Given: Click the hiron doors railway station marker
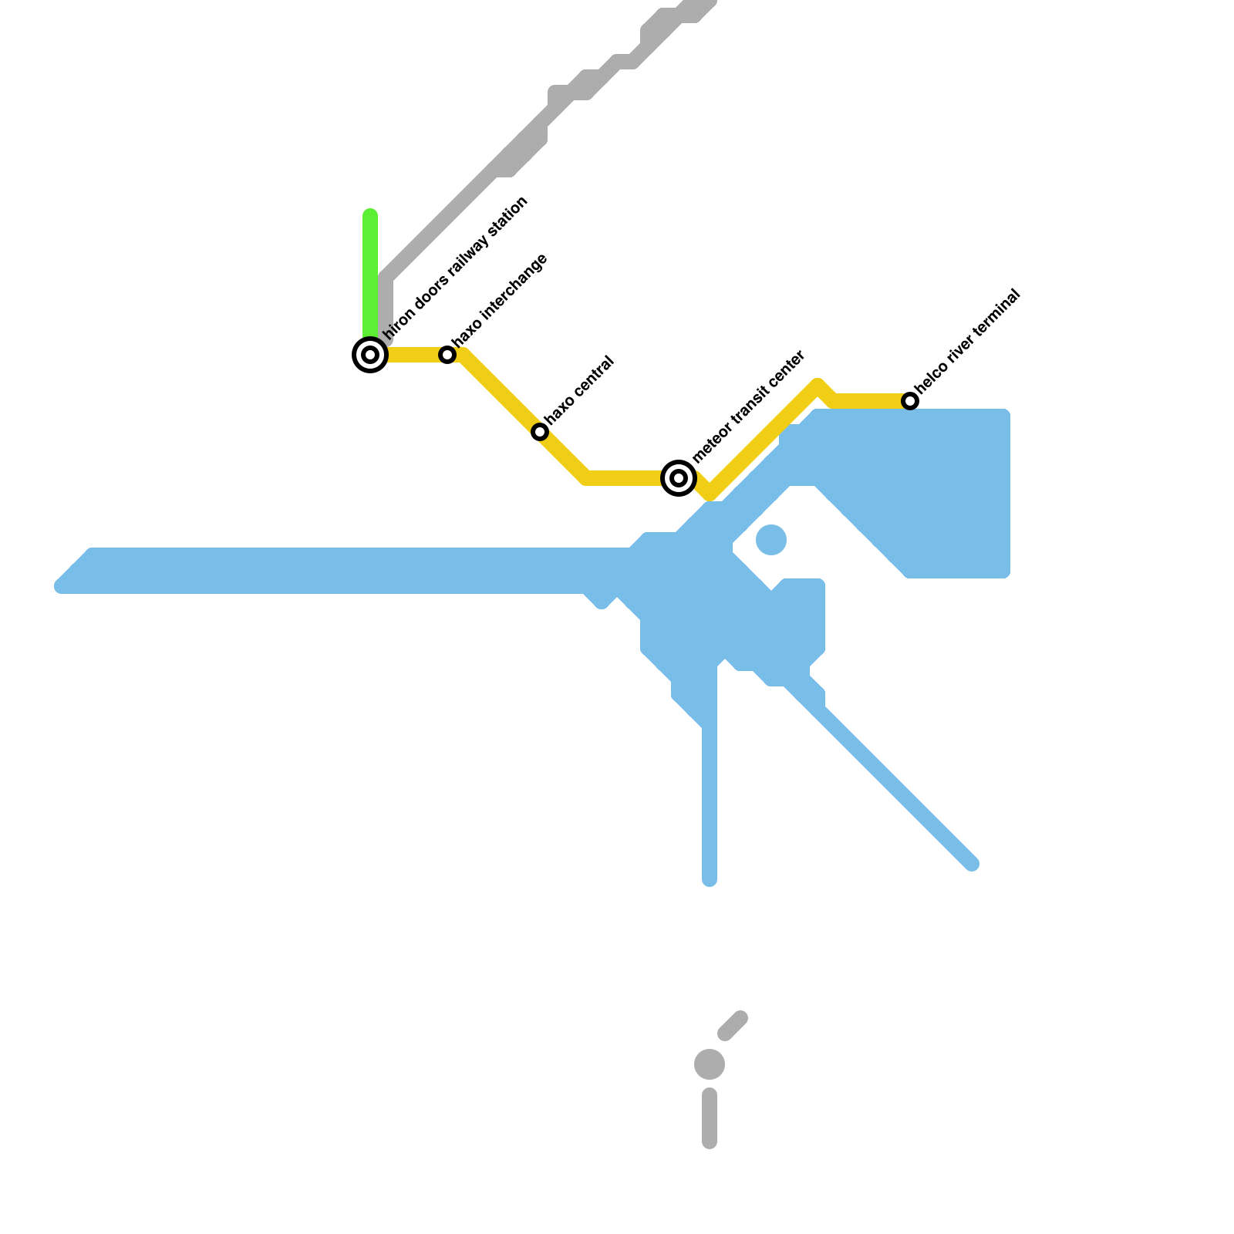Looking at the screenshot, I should tap(370, 355).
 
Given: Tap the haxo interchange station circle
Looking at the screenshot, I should tap(447, 355).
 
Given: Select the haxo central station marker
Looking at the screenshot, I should tap(540, 432).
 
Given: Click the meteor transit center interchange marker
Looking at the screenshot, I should tap(679, 478).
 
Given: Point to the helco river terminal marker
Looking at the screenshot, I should tap(910, 401).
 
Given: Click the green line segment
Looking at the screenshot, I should tap(370, 270).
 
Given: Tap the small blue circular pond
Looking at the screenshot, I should tap(771, 540).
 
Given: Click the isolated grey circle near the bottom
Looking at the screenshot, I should tap(710, 1064).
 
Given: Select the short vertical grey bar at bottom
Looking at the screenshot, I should tap(710, 1118).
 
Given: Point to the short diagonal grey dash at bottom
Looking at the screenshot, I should tap(733, 1025).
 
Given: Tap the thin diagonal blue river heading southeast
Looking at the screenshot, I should tap(895, 787).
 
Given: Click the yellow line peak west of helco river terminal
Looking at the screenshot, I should tap(818, 386).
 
